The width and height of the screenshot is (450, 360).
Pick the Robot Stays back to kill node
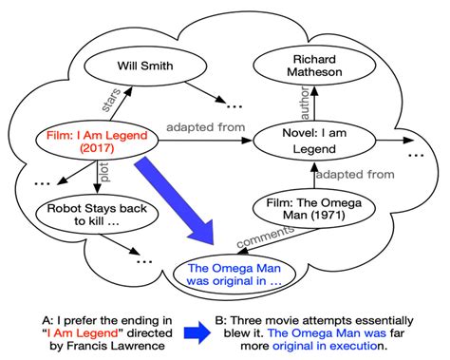coord(85,213)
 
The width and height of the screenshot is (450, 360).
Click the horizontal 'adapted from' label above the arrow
coord(206,127)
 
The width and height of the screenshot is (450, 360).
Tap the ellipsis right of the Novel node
coord(415,153)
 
